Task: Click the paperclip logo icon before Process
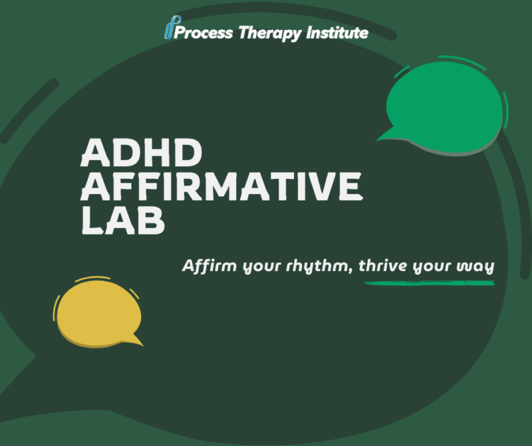pos(169,31)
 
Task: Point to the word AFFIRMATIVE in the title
pos(221,187)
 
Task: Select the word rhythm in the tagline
pos(322,267)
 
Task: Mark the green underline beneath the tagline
pos(430,283)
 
